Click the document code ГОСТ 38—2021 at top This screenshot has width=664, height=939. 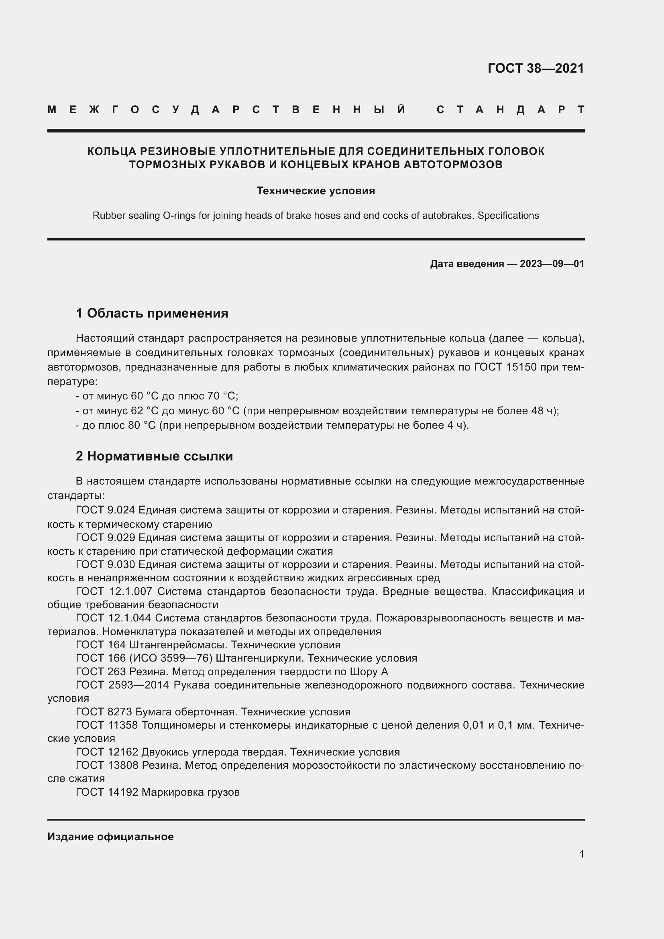[536, 68]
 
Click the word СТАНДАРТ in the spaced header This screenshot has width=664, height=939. [510, 110]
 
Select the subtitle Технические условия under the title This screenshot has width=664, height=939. [316, 191]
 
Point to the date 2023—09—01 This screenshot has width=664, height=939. [552, 264]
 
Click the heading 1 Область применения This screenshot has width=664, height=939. [152, 313]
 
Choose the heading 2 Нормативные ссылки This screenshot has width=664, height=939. [154, 456]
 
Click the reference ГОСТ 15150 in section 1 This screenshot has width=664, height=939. [505, 367]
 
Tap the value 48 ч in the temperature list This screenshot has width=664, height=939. [543, 411]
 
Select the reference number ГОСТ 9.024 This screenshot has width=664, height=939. [106, 510]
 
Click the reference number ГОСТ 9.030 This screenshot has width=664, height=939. [106, 564]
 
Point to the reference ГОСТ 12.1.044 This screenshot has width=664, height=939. [114, 618]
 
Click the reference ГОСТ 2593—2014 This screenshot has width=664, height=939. [123, 685]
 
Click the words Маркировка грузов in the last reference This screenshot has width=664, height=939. [191, 792]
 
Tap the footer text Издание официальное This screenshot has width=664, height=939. [110, 837]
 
